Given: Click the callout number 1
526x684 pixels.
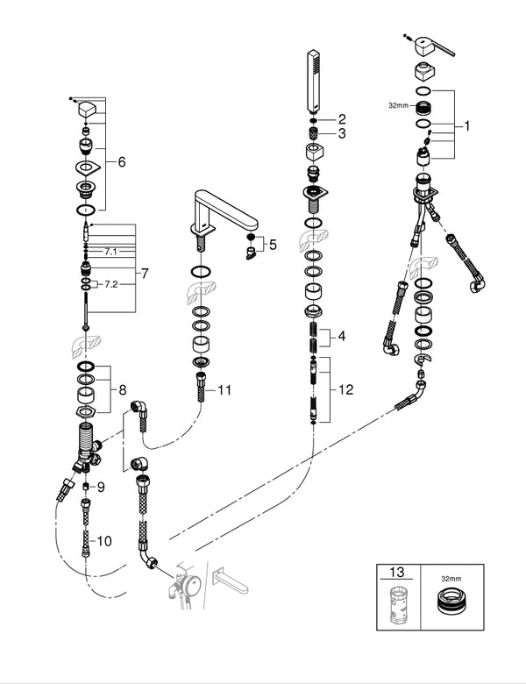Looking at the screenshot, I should [x=467, y=126].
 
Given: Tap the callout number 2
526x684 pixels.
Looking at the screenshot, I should [x=343, y=118].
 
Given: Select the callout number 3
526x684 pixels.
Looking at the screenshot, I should [x=343, y=133].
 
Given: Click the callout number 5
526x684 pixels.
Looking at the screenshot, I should [x=273, y=245].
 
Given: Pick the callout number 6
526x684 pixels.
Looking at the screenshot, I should [x=122, y=162].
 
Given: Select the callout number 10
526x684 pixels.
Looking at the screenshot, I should [x=105, y=541].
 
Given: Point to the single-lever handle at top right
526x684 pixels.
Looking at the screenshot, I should [x=433, y=49].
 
